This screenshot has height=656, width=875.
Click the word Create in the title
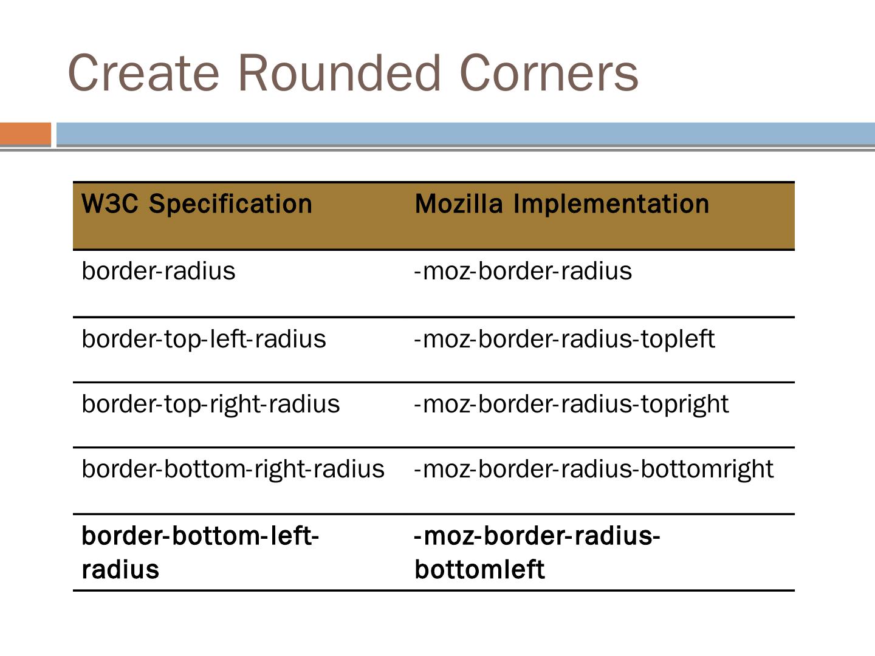coord(143,73)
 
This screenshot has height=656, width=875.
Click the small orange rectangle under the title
coord(25,134)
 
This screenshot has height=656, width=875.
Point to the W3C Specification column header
coord(196,204)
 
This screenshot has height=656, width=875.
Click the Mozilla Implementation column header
coord(561,204)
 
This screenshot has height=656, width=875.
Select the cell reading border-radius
coord(158,271)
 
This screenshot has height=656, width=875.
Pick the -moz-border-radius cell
coord(523,271)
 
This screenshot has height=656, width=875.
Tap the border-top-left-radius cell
coord(204,339)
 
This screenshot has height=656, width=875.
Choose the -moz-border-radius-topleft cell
coord(564,339)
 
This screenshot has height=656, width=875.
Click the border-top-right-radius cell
coord(210,404)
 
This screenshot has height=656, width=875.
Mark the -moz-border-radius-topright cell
coord(571,404)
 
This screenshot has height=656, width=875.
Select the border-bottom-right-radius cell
coord(233,469)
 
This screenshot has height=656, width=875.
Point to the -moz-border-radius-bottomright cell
coord(594,469)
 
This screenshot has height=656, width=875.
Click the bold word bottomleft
coord(479,570)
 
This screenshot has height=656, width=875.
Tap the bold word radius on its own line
coord(120,570)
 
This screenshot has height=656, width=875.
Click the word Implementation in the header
coord(611,204)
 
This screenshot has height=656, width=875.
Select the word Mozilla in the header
coord(459,204)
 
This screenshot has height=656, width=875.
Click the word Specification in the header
coord(230,204)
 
